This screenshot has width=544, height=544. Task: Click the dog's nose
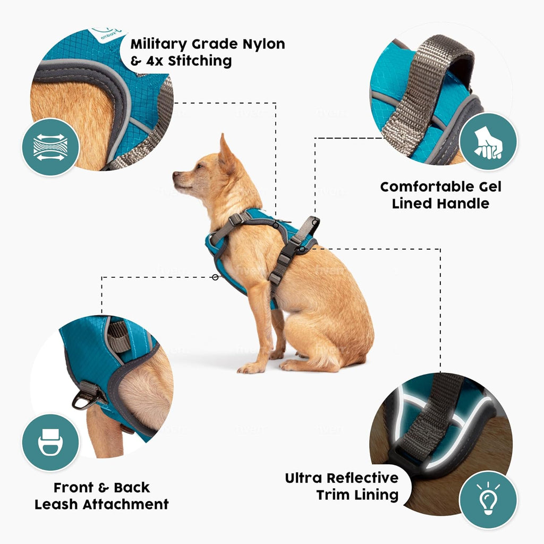pyautogui.click(x=175, y=174)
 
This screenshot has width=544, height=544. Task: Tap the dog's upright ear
pyautogui.click(x=225, y=151)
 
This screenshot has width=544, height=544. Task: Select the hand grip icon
pyautogui.click(x=488, y=141)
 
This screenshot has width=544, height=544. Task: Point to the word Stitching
pyautogui.click(x=200, y=61)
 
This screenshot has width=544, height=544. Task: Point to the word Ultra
pyautogui.click(x=303, y=478)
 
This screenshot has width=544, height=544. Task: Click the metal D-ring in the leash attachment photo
pyautogui.click(x=85, y=397)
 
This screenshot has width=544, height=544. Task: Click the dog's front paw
pyautogui.click(x=250, y=368)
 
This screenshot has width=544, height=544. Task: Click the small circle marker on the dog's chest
pyautogui.click(x=215, y=277)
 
